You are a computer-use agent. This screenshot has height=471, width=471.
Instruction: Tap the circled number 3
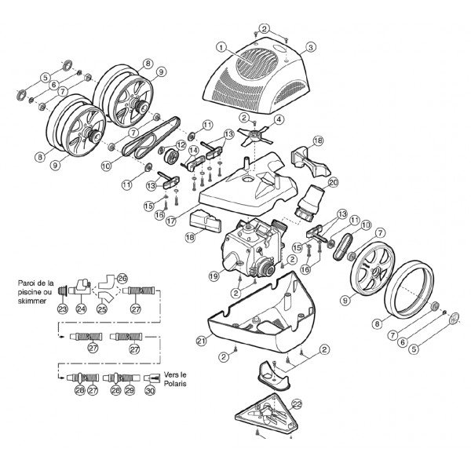click(312, 47)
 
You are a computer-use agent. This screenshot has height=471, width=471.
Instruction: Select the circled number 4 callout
click(279, 120)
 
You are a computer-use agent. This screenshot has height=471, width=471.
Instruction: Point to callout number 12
click(181, 144)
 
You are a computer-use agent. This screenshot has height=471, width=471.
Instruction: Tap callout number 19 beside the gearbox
click(213, 276)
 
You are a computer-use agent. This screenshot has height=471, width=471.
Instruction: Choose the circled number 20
click(333, 182)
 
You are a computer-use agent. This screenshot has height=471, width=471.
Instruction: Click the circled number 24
click(82, 309)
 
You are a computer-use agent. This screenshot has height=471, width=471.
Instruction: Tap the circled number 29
click(130, 389)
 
